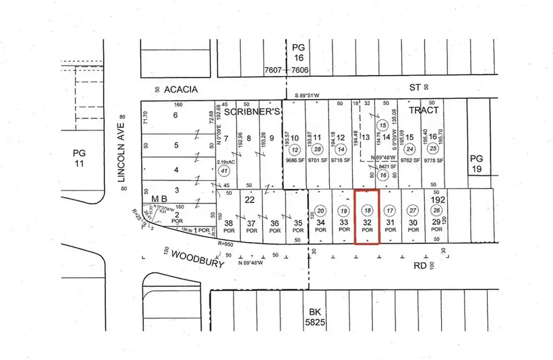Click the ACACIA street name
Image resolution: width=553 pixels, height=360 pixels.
[x=180, y=90]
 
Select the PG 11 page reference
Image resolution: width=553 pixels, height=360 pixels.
[x=79, y=158]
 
